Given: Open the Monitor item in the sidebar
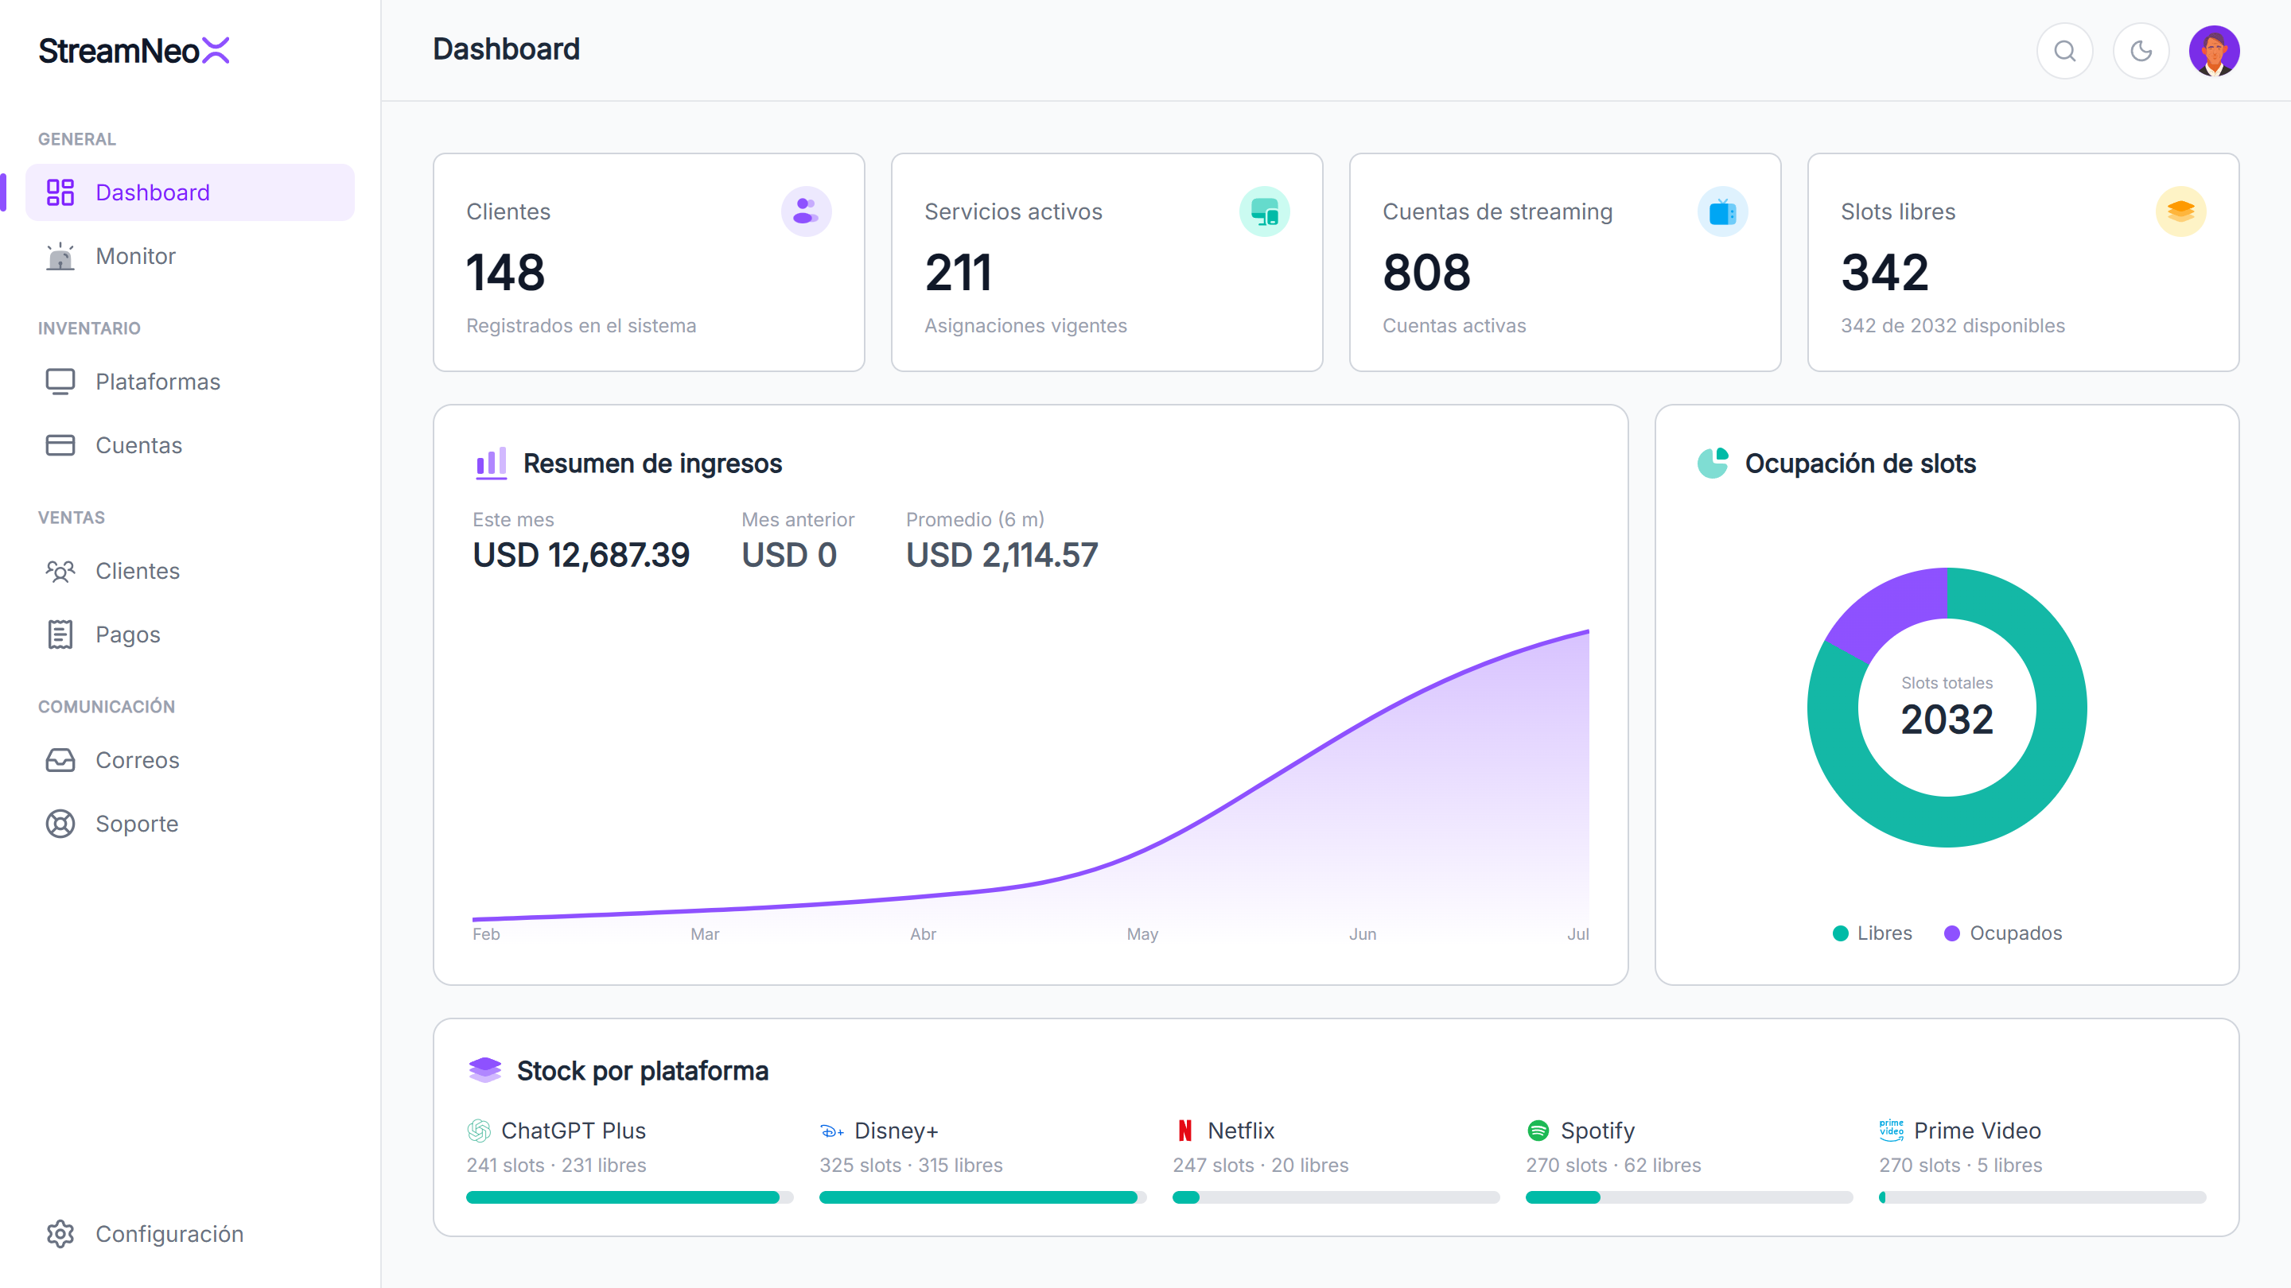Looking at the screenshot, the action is [135, 256].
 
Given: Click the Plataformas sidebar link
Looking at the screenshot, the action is [158, 382].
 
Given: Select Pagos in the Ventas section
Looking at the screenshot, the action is [127, 634].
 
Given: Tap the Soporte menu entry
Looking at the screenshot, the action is [136, 824].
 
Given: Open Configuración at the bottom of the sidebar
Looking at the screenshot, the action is [169, 1234].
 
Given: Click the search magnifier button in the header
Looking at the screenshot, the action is [2065, 51].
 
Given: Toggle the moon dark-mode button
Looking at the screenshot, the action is [2141, 51].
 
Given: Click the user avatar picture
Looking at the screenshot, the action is [2215, 51].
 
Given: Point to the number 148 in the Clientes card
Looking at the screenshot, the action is [505, 272].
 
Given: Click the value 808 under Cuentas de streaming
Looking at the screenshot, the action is [1426, 272].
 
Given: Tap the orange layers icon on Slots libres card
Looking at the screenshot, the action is [2180, 211].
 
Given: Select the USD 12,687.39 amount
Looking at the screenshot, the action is [581, 556].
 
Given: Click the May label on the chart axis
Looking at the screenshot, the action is [1142, 934].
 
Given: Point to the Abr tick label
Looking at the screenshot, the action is [923, 934].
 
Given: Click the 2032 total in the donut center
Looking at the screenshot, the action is [1947, 719].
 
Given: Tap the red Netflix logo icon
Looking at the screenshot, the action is [1184, 1131].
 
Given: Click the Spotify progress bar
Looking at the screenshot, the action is [1689, 1197].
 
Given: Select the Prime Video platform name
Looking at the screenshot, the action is [1977, 1131].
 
